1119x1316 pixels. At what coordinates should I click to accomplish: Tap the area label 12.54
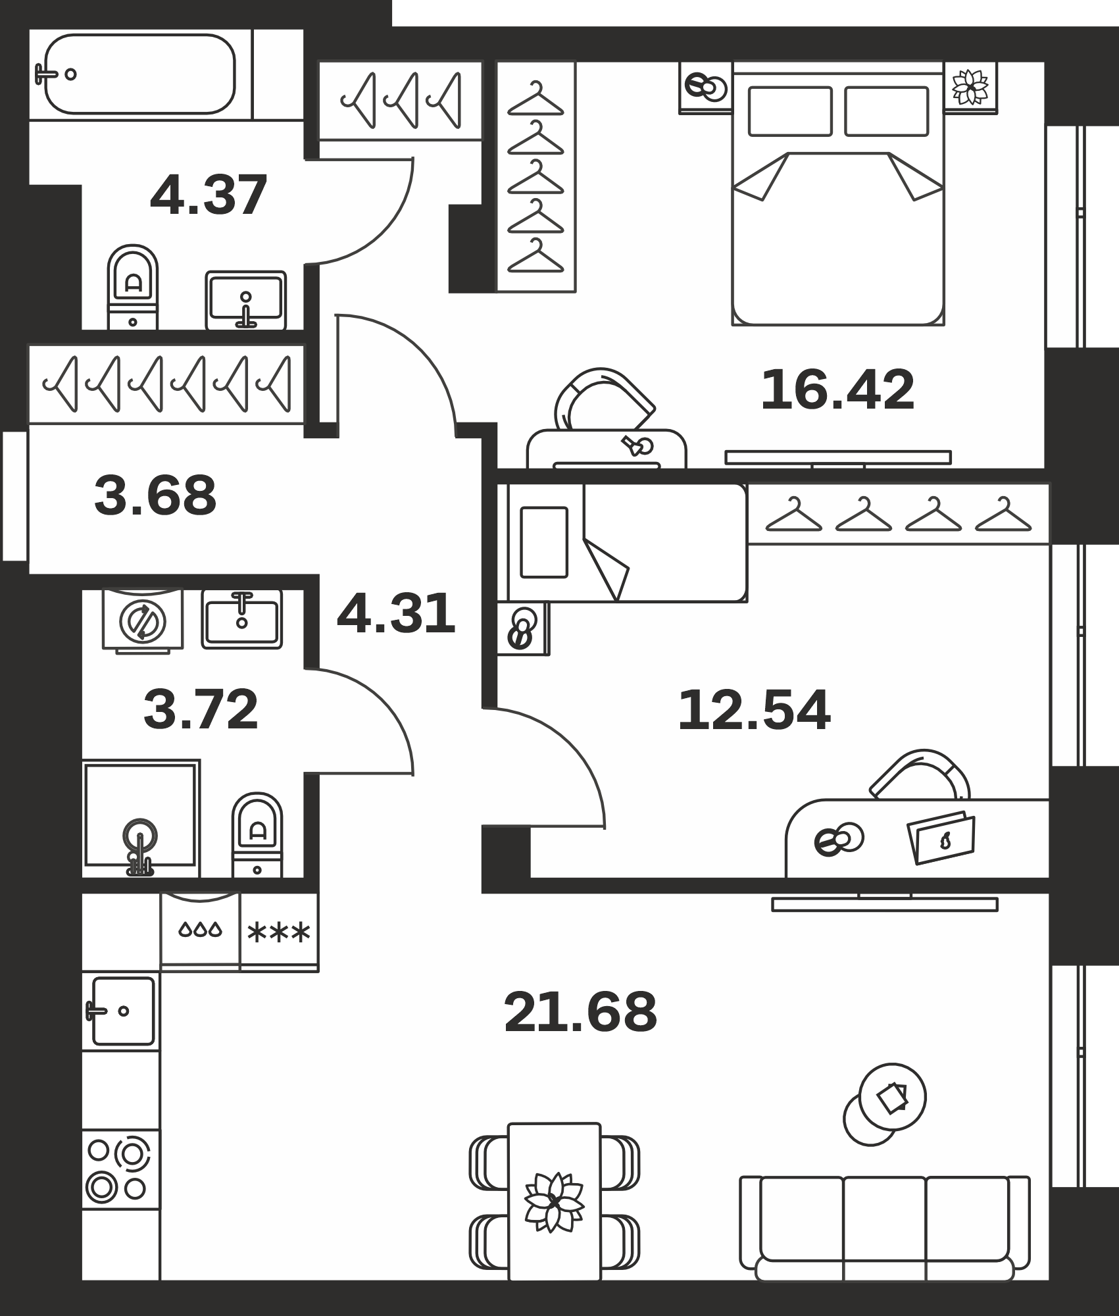754,710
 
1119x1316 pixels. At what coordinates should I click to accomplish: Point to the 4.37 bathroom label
209,195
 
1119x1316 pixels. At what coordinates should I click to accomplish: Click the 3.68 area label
155,495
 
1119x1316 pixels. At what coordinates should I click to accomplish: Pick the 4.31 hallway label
395,613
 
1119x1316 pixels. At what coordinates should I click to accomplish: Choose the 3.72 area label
201,709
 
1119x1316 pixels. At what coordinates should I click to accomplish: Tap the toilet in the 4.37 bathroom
133,287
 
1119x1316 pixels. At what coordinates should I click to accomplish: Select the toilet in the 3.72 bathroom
257,834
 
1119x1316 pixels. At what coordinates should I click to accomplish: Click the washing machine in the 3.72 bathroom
143,620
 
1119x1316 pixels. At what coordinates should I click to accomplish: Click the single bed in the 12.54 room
622,542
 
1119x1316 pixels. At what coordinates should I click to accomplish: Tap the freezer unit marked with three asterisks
279,931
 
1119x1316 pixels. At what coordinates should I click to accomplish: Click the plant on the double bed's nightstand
971,87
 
